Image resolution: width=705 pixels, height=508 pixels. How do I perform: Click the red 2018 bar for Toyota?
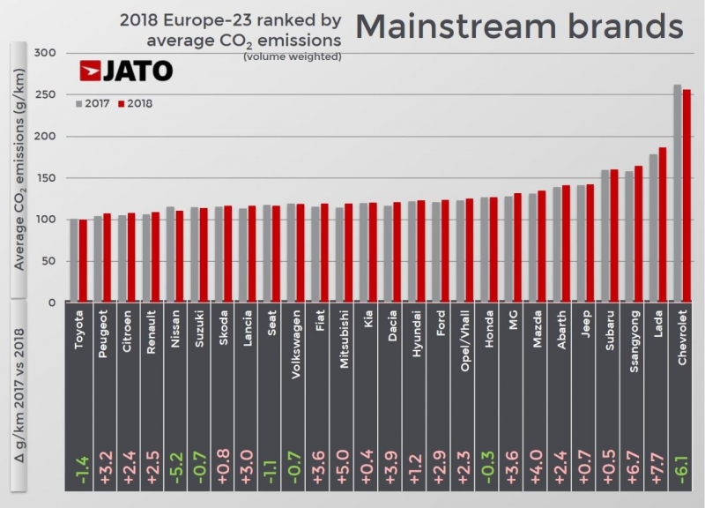coord(84,261)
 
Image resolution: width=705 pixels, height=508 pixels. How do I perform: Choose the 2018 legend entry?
coord(136,103)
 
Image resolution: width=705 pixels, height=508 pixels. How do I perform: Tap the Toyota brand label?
coord(78,332)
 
